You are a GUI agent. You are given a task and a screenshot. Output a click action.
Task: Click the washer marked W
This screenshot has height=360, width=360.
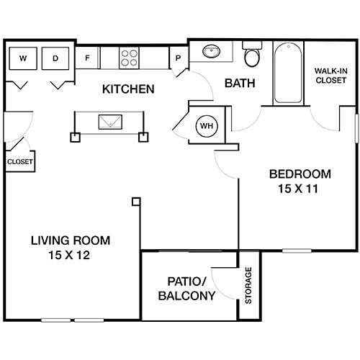[x=23, y=58]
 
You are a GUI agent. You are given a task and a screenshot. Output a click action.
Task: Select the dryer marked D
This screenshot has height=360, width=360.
[x=55, y=58]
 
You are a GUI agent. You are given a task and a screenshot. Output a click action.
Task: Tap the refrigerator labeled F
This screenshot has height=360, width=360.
[x=87, y=58]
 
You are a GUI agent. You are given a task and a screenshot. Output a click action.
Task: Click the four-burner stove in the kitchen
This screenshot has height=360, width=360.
[x=129, y=58]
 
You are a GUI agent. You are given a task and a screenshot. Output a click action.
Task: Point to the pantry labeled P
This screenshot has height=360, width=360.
[x=178, y=58]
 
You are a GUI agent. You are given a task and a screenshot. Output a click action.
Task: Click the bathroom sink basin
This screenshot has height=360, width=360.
[x=211, y=51]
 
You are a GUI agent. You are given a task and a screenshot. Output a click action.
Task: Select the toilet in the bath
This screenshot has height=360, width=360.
[x=252, y=54]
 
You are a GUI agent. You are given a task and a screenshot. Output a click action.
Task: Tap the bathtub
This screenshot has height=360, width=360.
[x=288, y=73]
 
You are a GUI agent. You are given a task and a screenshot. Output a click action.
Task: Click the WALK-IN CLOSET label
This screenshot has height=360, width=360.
[x=331, y=76]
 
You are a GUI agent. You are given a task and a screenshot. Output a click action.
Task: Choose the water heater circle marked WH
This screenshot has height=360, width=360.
[x=207, y=126]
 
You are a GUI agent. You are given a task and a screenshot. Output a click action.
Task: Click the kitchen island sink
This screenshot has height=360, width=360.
[x=110, y=122]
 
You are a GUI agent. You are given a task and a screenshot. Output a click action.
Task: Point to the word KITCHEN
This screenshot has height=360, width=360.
[x=128, y=89]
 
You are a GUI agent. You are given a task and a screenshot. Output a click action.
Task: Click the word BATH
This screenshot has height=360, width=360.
[x=240, y=84]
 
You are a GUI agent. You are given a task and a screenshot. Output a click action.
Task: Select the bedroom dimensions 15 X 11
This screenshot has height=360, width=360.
[x=298, y=189]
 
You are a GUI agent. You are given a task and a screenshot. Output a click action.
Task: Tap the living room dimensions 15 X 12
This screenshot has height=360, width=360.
[x=69, y=255]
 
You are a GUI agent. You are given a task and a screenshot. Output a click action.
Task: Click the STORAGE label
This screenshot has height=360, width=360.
[x=248, y=285]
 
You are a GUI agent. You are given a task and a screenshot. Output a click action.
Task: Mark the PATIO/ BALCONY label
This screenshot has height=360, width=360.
[x=186, y=289]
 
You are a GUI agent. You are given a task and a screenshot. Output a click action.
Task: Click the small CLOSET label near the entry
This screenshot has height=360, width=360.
[x=20, y=162]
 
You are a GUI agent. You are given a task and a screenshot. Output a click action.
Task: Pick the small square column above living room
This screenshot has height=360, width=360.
[x=136, y=202]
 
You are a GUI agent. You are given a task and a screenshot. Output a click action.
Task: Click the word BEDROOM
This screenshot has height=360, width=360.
[x=300, y=174]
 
